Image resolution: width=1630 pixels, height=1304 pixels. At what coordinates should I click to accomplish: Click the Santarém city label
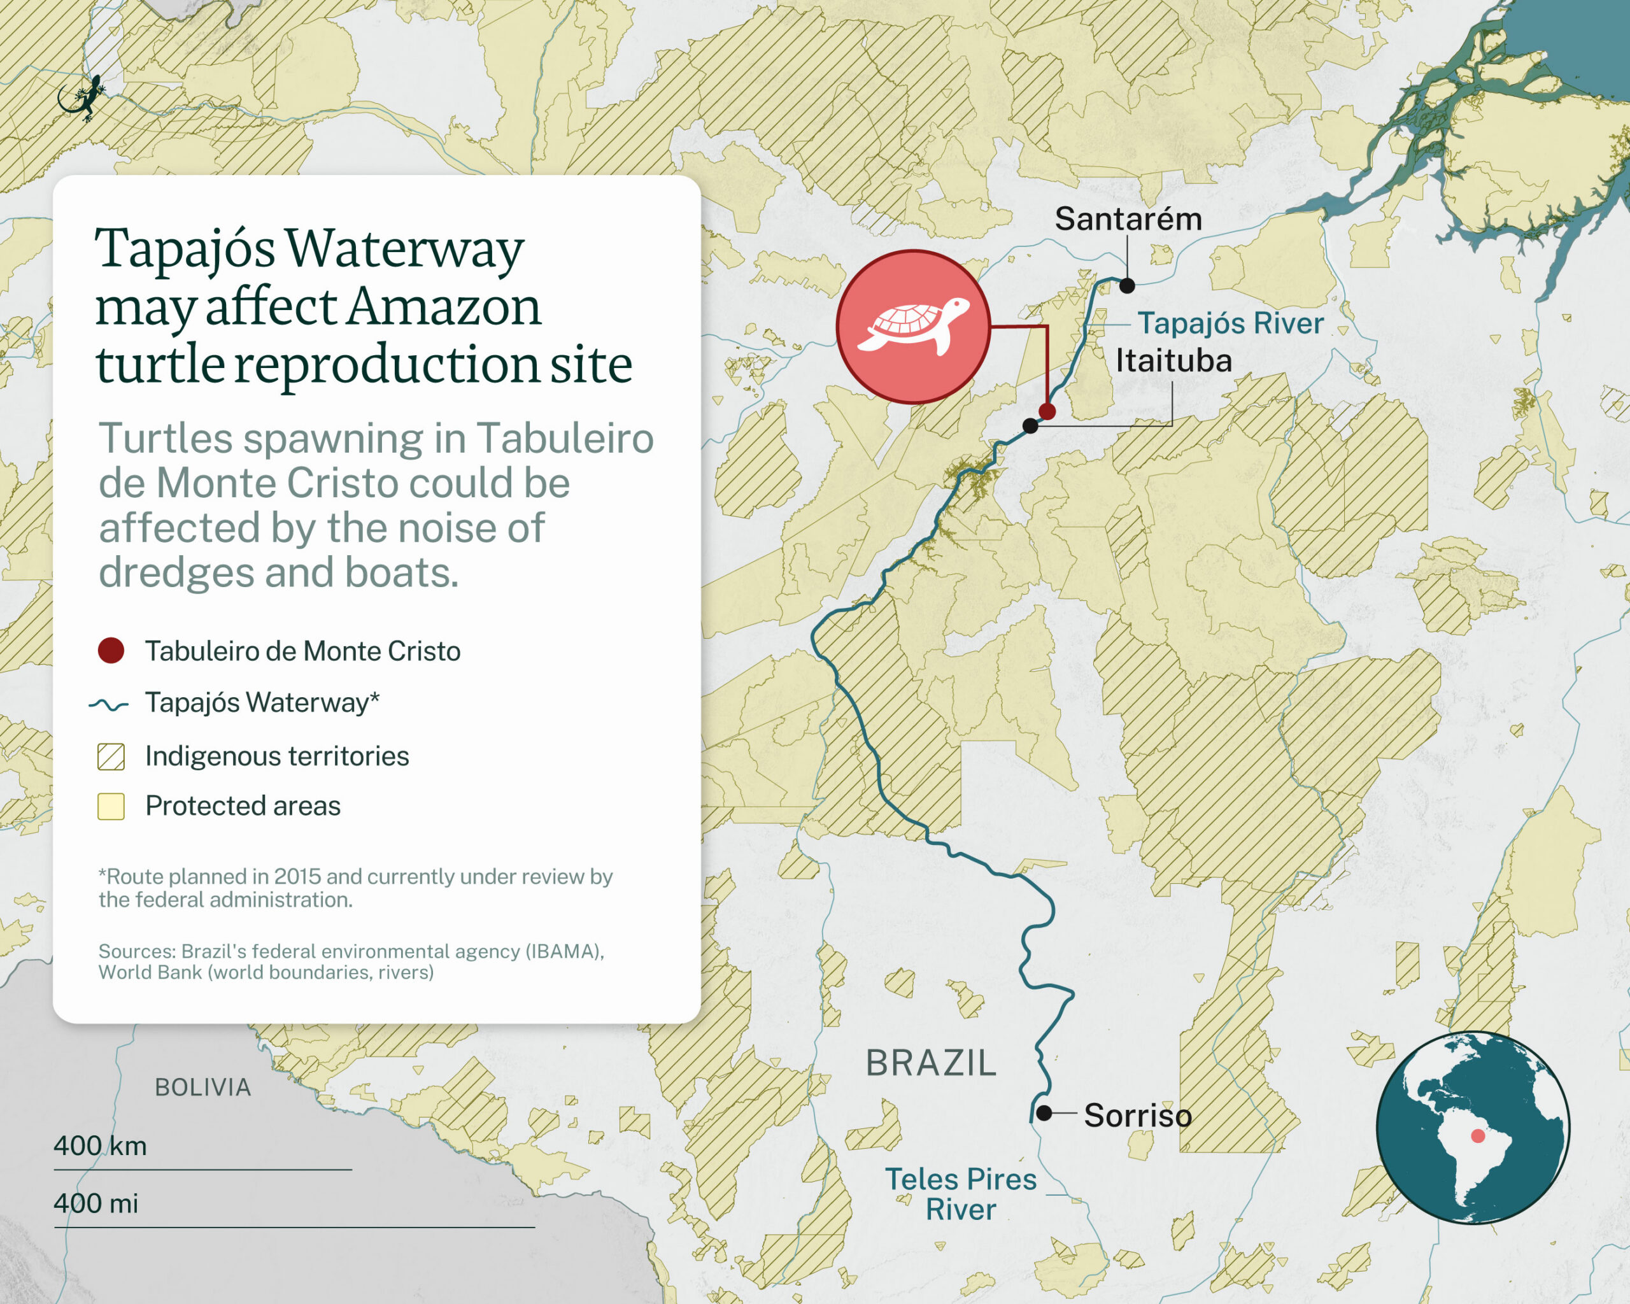click(x=1128, y=219)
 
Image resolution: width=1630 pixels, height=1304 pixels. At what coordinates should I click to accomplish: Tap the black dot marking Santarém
click(x=1127, y=285)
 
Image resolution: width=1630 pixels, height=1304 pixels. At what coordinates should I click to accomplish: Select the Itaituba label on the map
click(x=1173, y=360)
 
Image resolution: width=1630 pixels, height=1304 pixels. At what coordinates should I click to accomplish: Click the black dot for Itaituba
click(x=1030, y=425)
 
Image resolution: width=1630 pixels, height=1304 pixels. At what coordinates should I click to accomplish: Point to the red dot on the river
click(x=1047, y=411)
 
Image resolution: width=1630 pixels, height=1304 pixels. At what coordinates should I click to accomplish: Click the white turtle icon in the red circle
click(x=913, y=326)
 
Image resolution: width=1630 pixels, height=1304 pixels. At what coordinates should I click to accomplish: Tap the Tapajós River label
click(x=1231, y=323)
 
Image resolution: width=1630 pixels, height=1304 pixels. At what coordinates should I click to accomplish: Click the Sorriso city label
click(x=1137, y=1116)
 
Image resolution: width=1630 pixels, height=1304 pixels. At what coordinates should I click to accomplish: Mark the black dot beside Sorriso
click(x=1044, y=1113)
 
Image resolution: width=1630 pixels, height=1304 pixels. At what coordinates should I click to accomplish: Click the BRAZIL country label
click(x=931, y=1063)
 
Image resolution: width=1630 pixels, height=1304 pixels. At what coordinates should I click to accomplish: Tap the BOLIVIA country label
click(x=202, y=1087)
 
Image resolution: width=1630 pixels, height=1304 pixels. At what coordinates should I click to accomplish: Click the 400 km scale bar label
click(x=100, y=1146)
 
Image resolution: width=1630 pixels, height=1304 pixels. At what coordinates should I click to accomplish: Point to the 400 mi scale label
click(x=96, y=1203)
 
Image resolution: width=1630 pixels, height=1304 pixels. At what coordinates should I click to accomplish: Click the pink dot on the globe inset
click(x=1478, y=1136)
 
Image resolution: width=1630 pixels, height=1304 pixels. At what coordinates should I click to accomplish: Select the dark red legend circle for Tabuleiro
click(x=111, y=651)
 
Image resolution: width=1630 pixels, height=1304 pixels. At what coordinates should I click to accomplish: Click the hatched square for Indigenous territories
click(x=111, y=756)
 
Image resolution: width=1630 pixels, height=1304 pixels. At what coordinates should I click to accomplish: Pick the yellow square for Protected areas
click(x=111, y=807)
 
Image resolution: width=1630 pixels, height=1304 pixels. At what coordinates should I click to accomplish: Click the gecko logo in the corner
click(x=81, y=97)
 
